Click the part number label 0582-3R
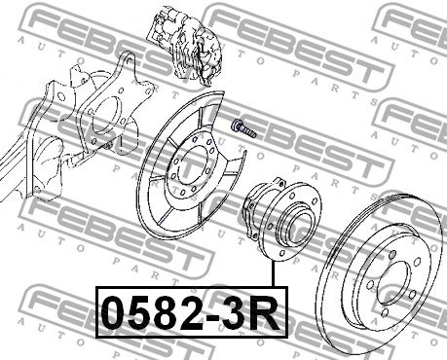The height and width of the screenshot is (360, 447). click(x=191, y=312)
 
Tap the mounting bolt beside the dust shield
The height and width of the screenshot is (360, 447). click(x=243, y=128)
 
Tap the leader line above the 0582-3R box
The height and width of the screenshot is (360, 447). click(x=274, y=274)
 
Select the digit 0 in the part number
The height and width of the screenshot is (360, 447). click(x=113, y=312)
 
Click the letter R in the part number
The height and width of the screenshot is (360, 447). click(x=267, y=312)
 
